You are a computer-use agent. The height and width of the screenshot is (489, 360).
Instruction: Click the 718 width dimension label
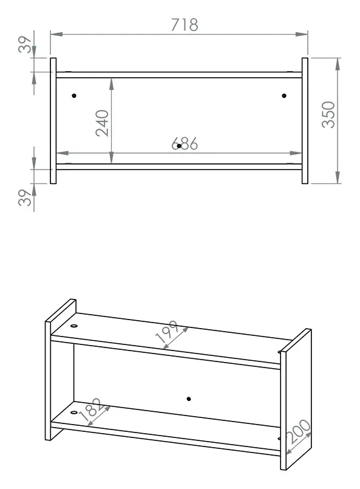click(185, 25)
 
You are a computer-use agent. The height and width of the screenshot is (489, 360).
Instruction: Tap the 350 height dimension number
click(328, 114)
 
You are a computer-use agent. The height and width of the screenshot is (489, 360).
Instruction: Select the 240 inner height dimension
click(102, 123)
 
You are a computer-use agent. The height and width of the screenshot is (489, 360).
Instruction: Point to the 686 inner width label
click(185, 144)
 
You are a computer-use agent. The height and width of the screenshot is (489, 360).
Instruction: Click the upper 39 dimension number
click(25, 44)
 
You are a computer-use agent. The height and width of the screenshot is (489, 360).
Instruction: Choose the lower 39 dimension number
click(25, 197)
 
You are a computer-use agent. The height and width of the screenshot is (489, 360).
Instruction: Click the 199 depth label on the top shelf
click(168, 331)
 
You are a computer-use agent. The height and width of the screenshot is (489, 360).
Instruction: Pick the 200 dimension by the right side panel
click(299, 432)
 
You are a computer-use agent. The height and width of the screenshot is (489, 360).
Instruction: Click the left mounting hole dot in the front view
click(74, 96)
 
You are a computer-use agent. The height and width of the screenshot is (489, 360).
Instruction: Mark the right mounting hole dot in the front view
click(284, 96)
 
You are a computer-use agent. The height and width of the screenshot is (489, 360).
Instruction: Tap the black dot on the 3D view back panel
click(189, 399)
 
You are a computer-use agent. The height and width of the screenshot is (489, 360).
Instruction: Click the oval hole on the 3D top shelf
click(74, 326)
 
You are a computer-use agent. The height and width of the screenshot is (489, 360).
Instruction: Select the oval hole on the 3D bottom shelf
click(74, 412)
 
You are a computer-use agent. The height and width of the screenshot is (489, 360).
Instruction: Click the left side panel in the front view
click(53, 121)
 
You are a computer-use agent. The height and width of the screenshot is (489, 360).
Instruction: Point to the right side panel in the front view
click(305, 121)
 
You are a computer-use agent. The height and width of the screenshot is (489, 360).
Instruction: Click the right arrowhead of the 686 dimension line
click(296, 153)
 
